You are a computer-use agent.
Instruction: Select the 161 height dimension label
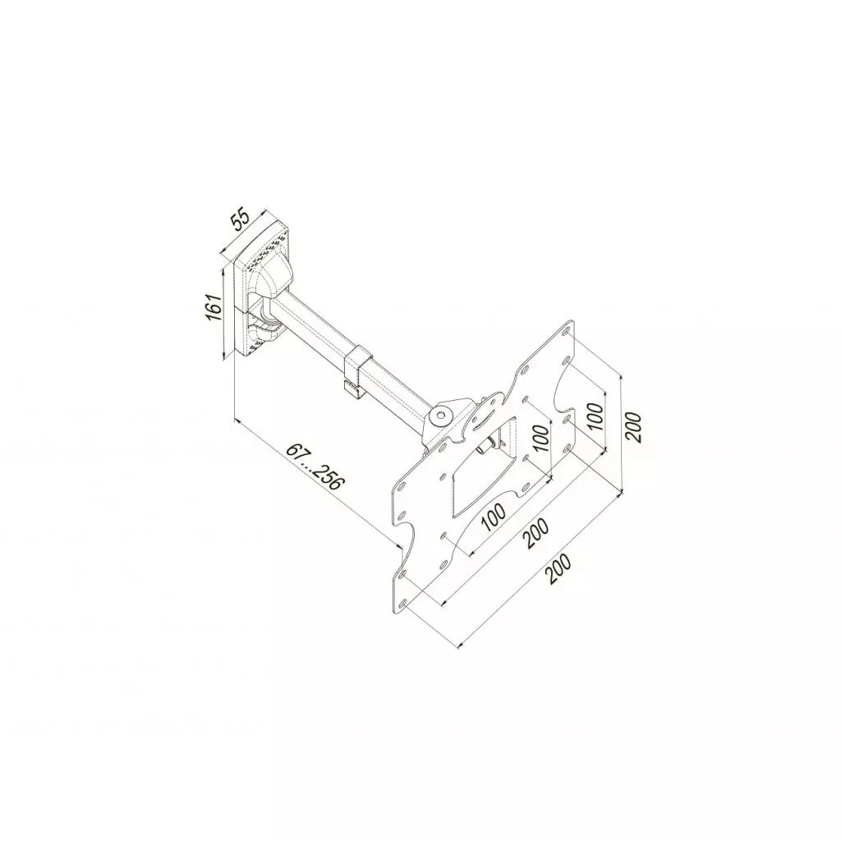[x=214, y=309]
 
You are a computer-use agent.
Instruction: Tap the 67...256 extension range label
[x=314, y=468]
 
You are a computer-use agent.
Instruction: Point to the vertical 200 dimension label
[x=633, y=425]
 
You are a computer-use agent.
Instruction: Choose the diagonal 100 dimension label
[x=492, y=518]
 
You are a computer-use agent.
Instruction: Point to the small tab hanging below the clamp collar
[x=352, y=388]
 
